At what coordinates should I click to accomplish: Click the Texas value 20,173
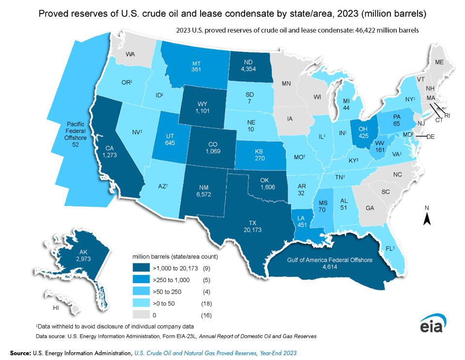252,230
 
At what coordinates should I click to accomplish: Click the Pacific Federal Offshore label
75,131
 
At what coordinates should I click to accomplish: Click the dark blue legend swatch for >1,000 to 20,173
141,267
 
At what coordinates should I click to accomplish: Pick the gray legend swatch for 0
141,315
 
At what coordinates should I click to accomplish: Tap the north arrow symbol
427,219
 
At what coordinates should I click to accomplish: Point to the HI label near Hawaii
56,308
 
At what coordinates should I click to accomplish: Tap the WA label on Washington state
130,54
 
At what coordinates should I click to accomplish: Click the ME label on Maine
439,62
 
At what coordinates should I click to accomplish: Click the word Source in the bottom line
20,353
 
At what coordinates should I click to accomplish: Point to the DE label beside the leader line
431,137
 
